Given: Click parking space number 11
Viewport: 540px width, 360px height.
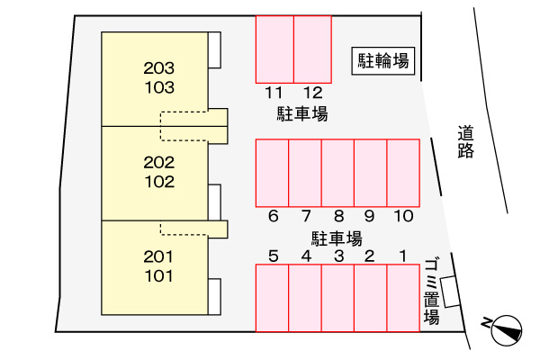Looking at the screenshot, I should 274,49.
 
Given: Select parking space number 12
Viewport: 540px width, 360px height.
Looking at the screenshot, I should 312,49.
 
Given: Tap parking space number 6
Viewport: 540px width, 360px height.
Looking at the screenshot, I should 273,172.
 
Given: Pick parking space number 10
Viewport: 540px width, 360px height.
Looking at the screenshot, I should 403,172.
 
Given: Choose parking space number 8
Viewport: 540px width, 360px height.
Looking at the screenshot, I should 337,172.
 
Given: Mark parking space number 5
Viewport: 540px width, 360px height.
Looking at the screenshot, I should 273,297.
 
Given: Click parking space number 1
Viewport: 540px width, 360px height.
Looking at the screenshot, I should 403,297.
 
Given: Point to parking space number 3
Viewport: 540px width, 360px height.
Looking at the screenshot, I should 337,297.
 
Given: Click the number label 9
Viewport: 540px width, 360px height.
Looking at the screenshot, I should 370,216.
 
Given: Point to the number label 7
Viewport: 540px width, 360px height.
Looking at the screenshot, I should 306,216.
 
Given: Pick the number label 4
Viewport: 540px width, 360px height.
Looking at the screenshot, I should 306,256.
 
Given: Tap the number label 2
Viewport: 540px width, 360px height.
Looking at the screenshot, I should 369,256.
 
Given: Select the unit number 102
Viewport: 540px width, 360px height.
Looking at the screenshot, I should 158,180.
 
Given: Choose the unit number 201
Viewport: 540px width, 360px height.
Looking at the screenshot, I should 158,256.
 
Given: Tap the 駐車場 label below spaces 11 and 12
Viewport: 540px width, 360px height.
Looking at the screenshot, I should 301,114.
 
